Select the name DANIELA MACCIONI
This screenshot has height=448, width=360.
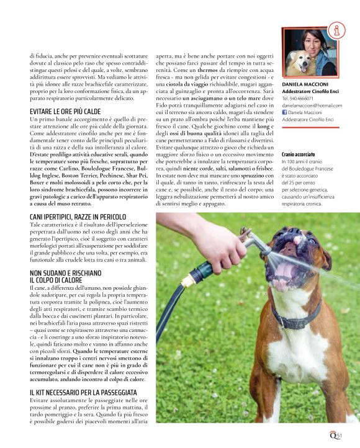point(304,83)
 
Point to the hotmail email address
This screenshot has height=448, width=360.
point(312,105)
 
